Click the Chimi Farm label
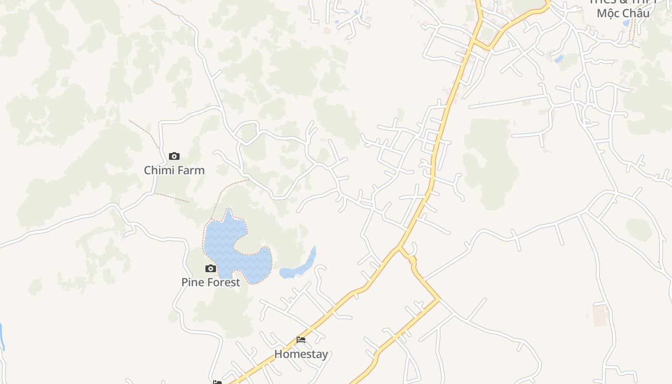174,170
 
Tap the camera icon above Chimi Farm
174,156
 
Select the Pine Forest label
211,282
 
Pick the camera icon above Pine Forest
211,268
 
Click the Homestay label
301,354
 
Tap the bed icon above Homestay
301,340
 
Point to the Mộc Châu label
623,13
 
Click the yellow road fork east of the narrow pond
399,248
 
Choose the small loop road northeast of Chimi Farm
246,132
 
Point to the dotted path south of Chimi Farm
170,197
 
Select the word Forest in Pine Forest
223,282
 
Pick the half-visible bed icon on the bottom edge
217,382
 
